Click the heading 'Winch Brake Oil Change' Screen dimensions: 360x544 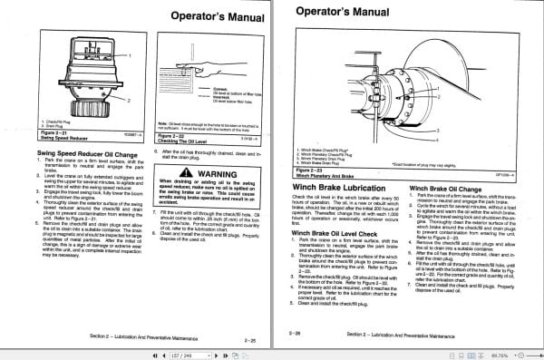click(x=452, y=161)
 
